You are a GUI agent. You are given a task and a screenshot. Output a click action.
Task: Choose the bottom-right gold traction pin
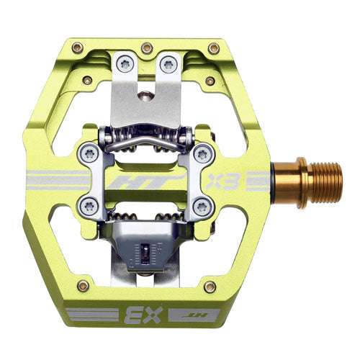(x=210, y=286)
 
